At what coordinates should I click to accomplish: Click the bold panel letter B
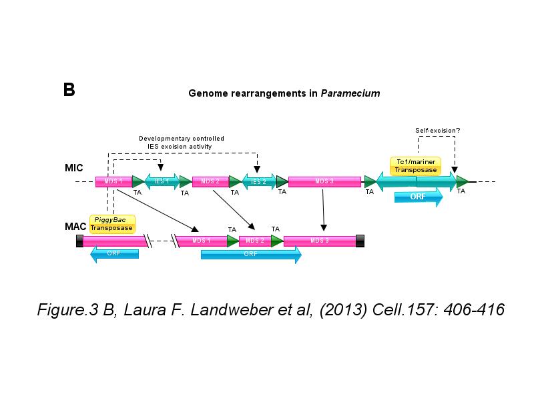(69, 90)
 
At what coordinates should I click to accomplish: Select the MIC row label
(74, 168)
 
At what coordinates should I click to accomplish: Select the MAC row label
(75, 227)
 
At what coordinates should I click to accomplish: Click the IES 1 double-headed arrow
(162, 181)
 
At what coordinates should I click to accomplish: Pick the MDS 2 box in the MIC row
(210, 181)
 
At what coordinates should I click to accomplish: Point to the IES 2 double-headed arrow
(258, 181)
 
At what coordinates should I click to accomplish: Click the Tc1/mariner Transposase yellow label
(416, 166)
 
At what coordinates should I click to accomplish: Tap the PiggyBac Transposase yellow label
(112, 224)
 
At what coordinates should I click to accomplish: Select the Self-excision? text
(437, 131)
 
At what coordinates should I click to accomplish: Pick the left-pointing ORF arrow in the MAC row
(114, 253)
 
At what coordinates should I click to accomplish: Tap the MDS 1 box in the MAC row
(201, 241)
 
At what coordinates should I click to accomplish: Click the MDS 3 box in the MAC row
(319, 241)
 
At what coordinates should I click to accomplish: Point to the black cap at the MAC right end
(360, 241)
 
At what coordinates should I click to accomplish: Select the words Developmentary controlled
(181, 139)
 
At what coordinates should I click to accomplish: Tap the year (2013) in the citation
(341, 311)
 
